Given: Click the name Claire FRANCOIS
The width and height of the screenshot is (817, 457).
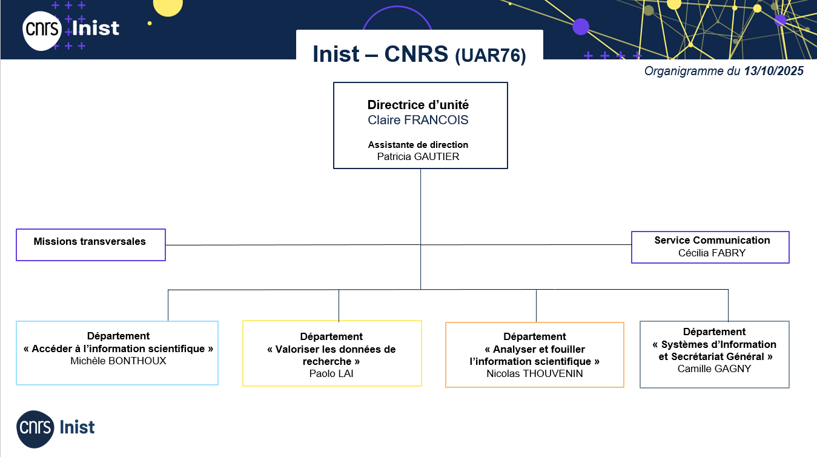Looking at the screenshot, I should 418,120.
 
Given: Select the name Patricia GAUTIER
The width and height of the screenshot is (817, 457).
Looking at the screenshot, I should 418,156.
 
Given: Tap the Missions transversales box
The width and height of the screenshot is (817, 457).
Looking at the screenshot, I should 90,244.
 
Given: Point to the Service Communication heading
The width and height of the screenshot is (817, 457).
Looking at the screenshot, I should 712,240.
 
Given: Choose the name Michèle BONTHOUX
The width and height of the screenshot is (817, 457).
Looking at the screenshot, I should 118,361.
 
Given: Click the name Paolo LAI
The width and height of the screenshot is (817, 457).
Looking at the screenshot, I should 331,373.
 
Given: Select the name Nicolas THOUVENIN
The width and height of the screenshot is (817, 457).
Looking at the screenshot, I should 535,373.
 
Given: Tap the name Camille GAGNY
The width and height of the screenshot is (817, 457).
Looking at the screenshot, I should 714,369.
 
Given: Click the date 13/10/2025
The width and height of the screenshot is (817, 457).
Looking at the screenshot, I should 773,72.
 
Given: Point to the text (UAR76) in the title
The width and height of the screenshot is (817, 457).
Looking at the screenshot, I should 491,56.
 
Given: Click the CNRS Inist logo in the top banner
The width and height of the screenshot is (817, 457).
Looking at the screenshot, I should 71,28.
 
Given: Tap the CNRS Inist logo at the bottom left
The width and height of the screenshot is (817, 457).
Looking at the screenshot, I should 56,427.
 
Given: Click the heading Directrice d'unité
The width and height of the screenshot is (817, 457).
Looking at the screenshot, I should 418,105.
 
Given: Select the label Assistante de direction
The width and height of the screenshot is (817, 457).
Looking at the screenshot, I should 418,145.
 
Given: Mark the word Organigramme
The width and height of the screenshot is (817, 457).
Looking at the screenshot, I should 684,72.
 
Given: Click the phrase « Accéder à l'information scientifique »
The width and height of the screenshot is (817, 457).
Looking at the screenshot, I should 118,349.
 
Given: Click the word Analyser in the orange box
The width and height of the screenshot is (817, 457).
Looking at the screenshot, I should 514,349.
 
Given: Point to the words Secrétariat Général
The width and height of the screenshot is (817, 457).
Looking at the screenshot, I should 725,356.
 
